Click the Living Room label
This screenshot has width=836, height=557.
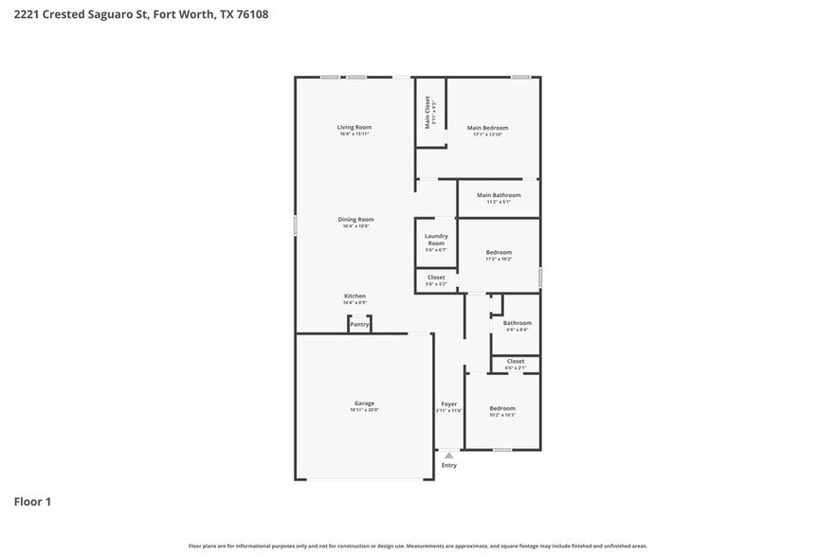coord(354,127)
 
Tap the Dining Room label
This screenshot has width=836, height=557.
coord(355,219)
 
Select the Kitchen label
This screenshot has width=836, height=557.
coord(354,296)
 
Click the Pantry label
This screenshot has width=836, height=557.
coord(359,325)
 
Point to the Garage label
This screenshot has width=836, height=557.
coord(364,403)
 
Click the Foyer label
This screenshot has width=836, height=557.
coord(449,404)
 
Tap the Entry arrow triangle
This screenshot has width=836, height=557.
coord(449,456)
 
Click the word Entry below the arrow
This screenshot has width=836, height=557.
coord(449,465)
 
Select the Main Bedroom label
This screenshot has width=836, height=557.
coord(487,128)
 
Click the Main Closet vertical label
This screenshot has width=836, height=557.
coord(427,113)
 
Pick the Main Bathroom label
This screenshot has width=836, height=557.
coord(499,195)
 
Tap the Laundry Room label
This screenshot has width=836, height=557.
coord(436,240)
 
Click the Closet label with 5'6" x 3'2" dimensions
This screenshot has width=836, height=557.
coord(436,278)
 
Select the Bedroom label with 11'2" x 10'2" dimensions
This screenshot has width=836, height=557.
coord(499,252)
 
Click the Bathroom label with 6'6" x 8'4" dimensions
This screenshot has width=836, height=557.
coord(518,323)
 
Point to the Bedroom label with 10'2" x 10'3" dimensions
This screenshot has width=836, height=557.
coord(502,408)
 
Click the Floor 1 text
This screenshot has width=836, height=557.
coord(32,501)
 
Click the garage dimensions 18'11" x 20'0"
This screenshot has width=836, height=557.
coord(364,410)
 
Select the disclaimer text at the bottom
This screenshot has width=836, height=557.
coord(418,546)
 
